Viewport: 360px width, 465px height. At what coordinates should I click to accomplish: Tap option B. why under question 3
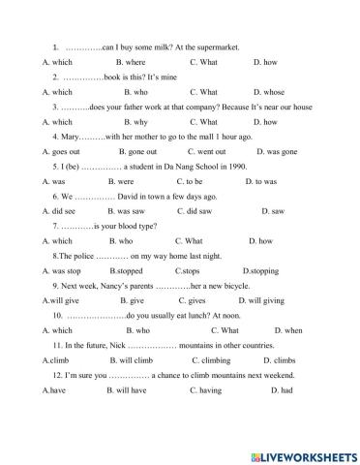point(121,122)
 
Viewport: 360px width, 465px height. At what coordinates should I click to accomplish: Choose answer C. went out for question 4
point(205,152)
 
